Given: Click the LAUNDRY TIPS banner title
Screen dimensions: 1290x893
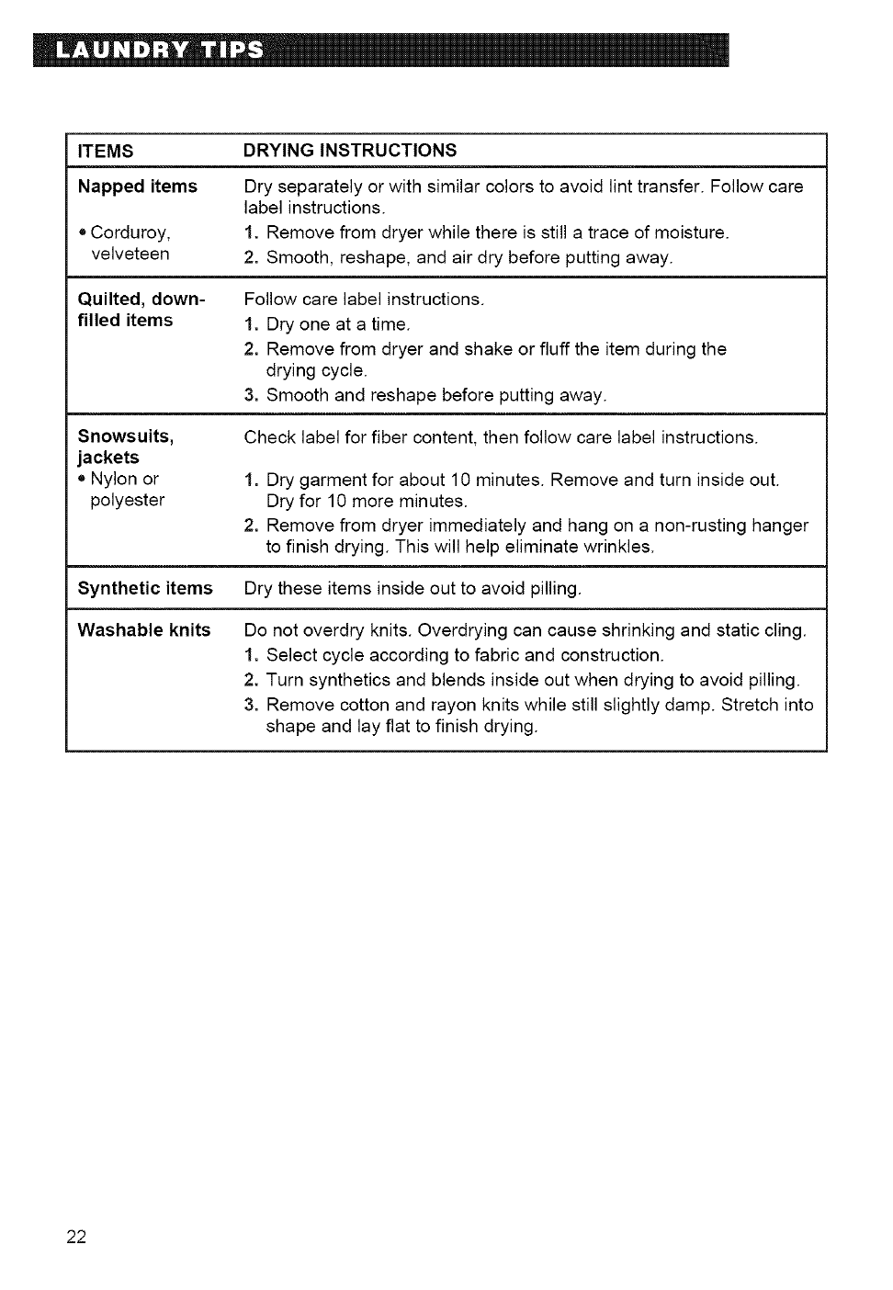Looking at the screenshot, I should tap(158, 50).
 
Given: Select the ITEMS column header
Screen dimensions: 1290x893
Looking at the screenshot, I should tap(106, 151).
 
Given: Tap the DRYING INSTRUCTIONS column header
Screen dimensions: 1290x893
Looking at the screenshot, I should tap(350, 150).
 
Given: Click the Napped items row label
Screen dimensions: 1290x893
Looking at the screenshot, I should tap(138, 187).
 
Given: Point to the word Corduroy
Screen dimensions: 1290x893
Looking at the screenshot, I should tap(130, 232).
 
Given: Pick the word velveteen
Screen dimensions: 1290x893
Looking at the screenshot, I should tap(130, 254).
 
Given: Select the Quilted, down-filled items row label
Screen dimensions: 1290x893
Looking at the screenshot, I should tap(141, 310).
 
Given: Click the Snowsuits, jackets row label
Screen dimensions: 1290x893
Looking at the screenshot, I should tap(126, 447).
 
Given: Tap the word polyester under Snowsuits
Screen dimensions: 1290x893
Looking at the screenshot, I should tap(128, 500).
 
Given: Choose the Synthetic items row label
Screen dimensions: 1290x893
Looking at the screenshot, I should tap(145, 588).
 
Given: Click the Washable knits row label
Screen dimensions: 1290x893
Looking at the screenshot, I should tap(144, 630).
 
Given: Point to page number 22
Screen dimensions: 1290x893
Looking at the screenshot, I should tap(76, 1237).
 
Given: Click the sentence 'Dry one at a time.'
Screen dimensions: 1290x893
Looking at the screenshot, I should tap(338, 324).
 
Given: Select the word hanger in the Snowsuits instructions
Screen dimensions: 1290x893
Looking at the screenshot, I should tap(780, 526).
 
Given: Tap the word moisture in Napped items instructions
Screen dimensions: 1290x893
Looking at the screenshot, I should tap(694, 232).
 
